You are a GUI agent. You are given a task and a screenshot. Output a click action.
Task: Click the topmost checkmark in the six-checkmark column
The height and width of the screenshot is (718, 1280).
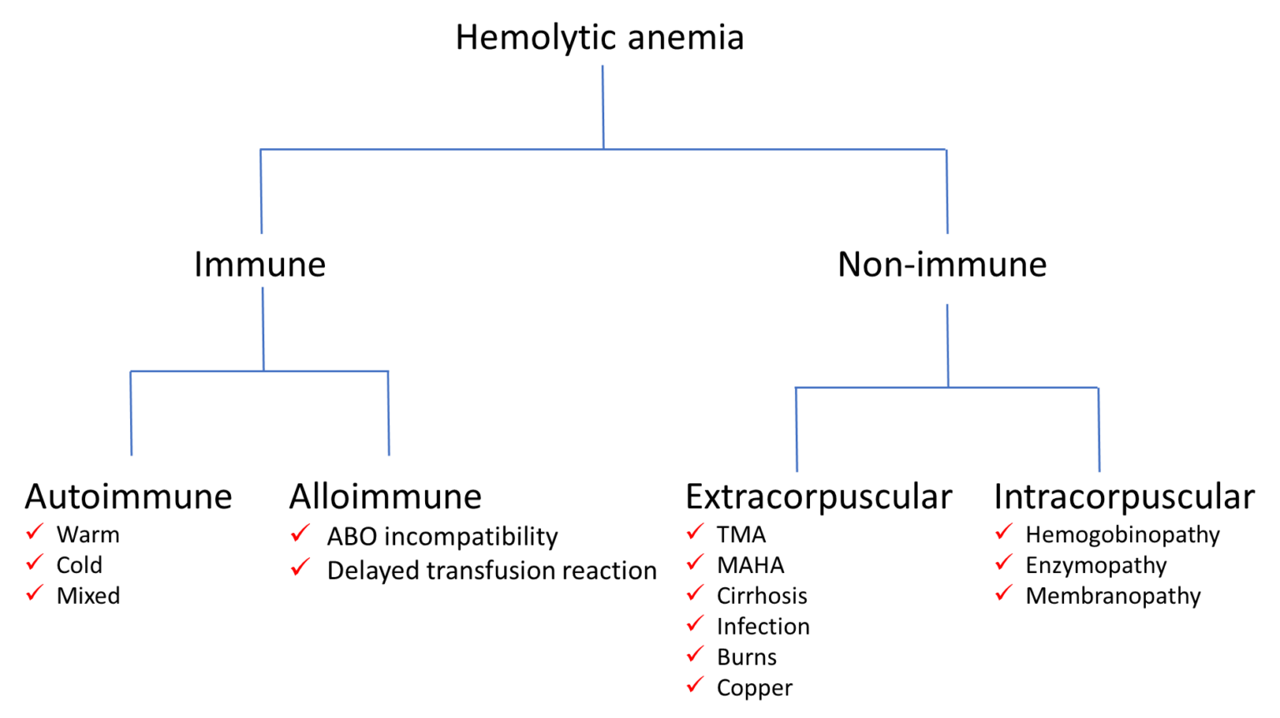pos(695,531)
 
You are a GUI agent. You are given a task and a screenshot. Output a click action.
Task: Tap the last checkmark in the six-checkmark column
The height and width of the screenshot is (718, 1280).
pos(695,685)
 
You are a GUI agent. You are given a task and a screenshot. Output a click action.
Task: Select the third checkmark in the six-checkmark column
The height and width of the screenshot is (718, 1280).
pos(695,593)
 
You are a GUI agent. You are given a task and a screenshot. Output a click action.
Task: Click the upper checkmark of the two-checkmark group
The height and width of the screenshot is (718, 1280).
pos(300,532)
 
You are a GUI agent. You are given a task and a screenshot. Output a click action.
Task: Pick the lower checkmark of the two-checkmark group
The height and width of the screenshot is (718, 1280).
pos(300,567)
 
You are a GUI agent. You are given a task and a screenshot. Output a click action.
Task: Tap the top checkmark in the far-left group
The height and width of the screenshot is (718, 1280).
pos(34,531)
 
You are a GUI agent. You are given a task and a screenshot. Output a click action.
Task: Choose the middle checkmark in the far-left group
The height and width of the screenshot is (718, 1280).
pos(34,562)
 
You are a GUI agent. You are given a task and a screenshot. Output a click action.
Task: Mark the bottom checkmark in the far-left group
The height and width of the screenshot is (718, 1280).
pos(34,592)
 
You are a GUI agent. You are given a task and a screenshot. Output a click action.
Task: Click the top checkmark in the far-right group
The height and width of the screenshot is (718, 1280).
pos(1003,531)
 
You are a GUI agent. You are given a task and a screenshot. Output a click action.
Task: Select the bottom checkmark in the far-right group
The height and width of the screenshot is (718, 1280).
pos(1003,592)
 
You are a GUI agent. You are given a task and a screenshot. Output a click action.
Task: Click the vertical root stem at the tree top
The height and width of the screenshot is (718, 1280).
pos(602,107)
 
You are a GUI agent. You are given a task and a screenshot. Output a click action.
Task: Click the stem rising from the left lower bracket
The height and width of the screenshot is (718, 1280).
pos(263,328)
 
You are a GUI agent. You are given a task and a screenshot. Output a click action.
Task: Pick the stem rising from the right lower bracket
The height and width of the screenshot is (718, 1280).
pos(947,345)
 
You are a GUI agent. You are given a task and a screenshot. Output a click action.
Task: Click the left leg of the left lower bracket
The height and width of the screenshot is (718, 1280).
pos(131,414)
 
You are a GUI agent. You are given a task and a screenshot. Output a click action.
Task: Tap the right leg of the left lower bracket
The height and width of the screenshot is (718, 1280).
pos(388,414)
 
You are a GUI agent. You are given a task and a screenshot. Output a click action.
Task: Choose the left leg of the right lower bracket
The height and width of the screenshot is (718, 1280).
pos(796,430)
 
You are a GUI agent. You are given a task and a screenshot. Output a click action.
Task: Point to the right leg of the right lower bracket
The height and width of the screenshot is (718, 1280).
pos(1099,430)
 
